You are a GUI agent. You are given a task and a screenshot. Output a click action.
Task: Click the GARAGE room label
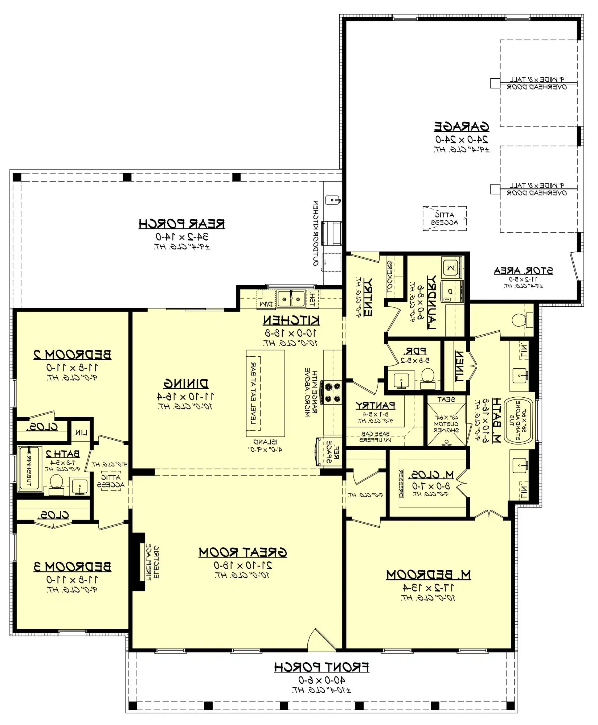click(x=462, y=127)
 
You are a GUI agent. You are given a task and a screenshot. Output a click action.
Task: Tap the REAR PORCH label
click(x=182, y=224)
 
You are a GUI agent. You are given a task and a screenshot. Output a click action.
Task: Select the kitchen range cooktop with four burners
click(x=333, y=392)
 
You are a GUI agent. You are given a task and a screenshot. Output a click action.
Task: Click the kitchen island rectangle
click(x=265, y=394)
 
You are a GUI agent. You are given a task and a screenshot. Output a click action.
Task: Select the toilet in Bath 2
click(x=56, y=484)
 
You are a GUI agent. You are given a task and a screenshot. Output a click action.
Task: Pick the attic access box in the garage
click(x=445, y=219)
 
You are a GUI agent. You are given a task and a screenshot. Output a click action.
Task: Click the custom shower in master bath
click(x=446, y=424)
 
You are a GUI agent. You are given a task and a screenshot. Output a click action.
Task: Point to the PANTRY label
click(x=375, y=405)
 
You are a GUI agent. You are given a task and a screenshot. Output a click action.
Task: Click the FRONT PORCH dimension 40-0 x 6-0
click(x=321, y=680)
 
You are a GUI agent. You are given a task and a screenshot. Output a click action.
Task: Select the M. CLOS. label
click(x=431, y=475)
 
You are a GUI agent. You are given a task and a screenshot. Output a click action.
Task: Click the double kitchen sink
click(x=291, y=298)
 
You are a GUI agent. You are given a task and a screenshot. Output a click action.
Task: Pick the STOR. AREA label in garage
click(x=523, y=270)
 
